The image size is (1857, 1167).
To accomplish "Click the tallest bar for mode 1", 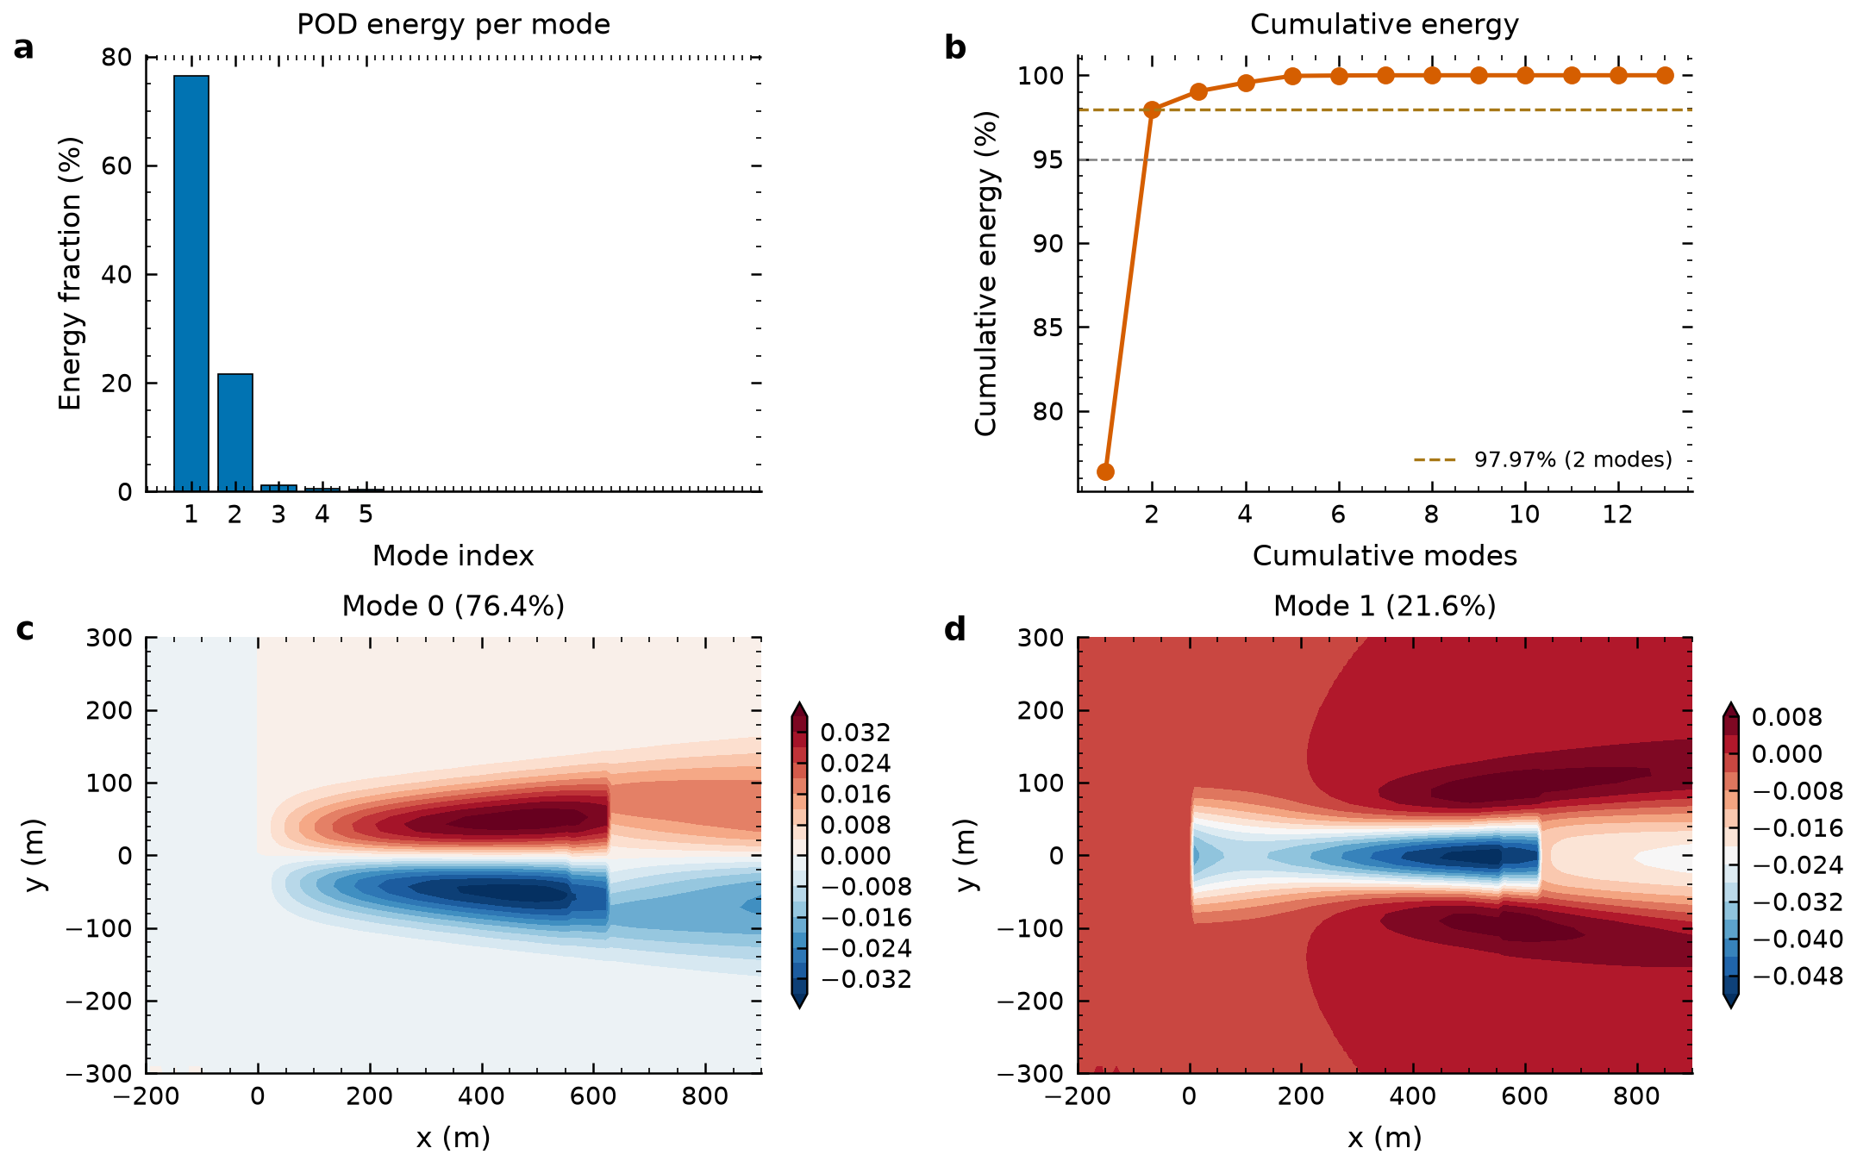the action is coord(191,284).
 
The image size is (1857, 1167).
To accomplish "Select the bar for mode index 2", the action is coord(235,433).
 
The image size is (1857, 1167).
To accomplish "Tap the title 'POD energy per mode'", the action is coord(453,24).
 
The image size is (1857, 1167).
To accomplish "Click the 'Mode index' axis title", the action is coord(453,555).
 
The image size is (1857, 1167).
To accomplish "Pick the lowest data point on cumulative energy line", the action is coord(1105,471).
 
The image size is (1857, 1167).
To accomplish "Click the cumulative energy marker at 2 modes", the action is coord(1152,109).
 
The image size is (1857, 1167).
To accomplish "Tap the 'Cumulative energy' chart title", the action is coord(1385,24).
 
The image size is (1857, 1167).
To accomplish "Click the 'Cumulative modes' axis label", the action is coord(1385,555).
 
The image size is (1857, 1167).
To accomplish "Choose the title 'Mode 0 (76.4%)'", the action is coord(453,606).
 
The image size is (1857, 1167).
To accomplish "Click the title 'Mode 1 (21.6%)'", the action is coord(1385,606).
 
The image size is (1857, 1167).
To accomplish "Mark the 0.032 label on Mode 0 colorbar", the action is coord(855,733).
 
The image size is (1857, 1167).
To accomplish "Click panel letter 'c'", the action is coord(25,630).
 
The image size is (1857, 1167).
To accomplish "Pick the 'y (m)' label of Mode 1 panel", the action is coord(967,855).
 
